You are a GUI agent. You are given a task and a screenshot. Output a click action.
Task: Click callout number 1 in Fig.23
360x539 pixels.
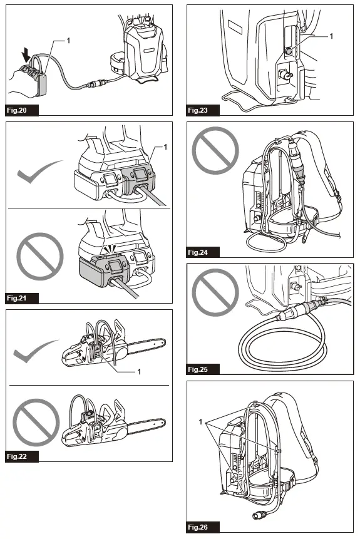[x=332, y=37]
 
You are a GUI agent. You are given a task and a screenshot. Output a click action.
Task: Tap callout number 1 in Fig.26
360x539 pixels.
[x=202, y=423]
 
